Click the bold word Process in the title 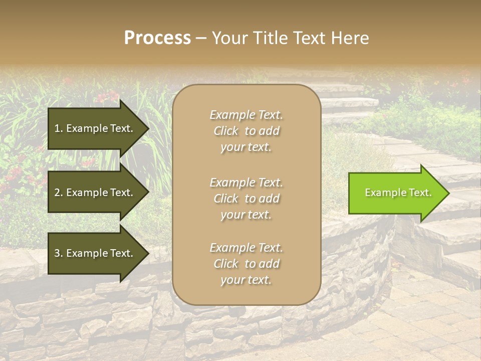157,38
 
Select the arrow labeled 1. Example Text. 95,128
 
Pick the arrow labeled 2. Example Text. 95,193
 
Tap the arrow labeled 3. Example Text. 95,253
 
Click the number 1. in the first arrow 59,128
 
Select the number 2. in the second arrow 59,193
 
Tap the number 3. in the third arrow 59,253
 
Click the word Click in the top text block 226,131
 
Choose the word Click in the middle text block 226,199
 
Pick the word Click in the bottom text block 226,264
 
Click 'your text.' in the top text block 246,147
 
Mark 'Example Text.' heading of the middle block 246,183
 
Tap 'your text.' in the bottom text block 246,280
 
